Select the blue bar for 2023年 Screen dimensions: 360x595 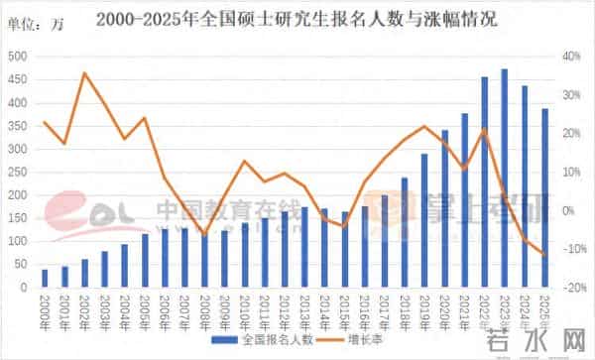pyautogui.click(x=505, y=179)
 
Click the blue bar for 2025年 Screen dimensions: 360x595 pyautogui.click(x=544, y=197)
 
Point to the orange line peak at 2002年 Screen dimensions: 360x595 pyautogui.click(x=84, y=73)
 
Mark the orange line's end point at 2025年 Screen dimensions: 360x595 pyautogui.click(x=544, y=255)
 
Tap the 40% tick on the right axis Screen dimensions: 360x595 pyautogui.click(x=573, y=57)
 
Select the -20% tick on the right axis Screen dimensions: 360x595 pyautogui.click(x=573, y=288)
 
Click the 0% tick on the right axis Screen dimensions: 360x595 pyautogui.click(x=573, y=210)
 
